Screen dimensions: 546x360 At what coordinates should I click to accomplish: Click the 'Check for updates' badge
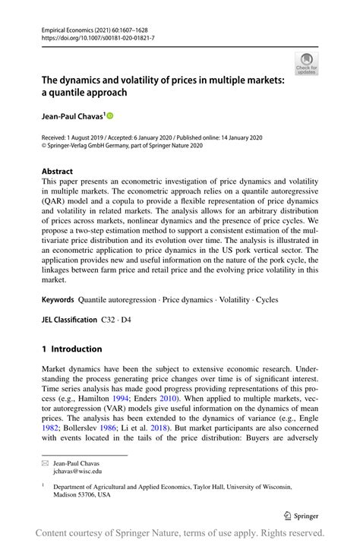(306, 63)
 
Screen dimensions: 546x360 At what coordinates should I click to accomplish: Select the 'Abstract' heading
(58, 172)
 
